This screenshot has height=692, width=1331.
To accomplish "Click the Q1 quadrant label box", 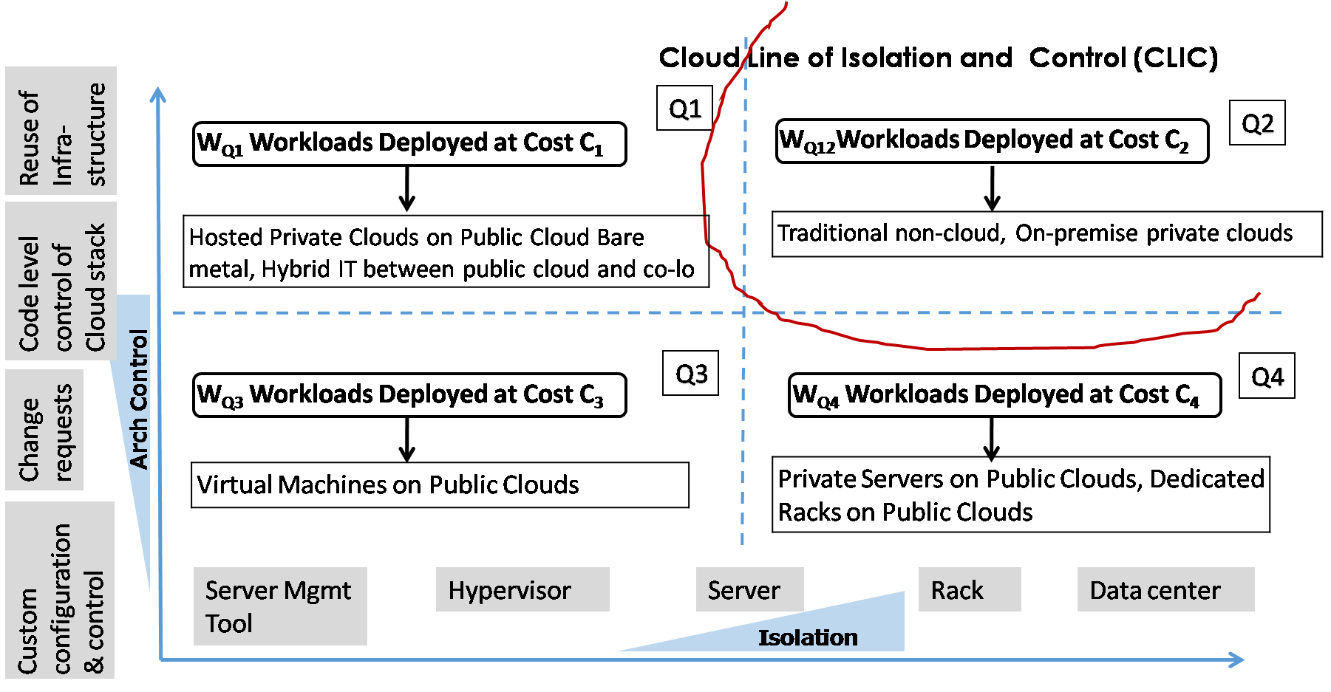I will [685, 109].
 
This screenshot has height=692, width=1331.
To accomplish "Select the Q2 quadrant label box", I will [1257, 123].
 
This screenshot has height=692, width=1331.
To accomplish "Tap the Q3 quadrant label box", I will [691, 374].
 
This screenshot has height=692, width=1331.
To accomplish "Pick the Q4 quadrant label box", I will [1267, 377].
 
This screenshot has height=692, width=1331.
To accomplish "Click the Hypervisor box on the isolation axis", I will [522, 589].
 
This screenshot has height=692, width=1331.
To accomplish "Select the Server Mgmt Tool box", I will [279, 606].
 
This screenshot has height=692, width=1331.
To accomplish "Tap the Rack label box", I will [969, 589].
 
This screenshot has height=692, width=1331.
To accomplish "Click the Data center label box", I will [1165, 589].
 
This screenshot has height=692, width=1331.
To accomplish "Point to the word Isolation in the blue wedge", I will [808, 637].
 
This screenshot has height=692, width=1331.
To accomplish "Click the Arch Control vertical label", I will [139, 400].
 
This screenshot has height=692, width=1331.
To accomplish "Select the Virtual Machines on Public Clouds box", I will [440, 484].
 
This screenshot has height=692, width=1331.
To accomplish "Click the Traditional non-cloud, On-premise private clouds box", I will [1046, 233].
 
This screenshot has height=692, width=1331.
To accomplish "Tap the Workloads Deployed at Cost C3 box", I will [409, 395].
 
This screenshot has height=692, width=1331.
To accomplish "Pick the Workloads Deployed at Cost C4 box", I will [1004, 395].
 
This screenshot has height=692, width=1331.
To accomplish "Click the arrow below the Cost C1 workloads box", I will [406, 190].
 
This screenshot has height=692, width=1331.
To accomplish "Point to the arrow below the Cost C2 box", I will [993, 188].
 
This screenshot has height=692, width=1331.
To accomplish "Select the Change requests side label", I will [44, 430].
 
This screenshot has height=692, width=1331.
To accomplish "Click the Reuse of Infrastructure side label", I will [61, 131].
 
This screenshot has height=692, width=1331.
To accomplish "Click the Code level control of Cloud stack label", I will [61, 281].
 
